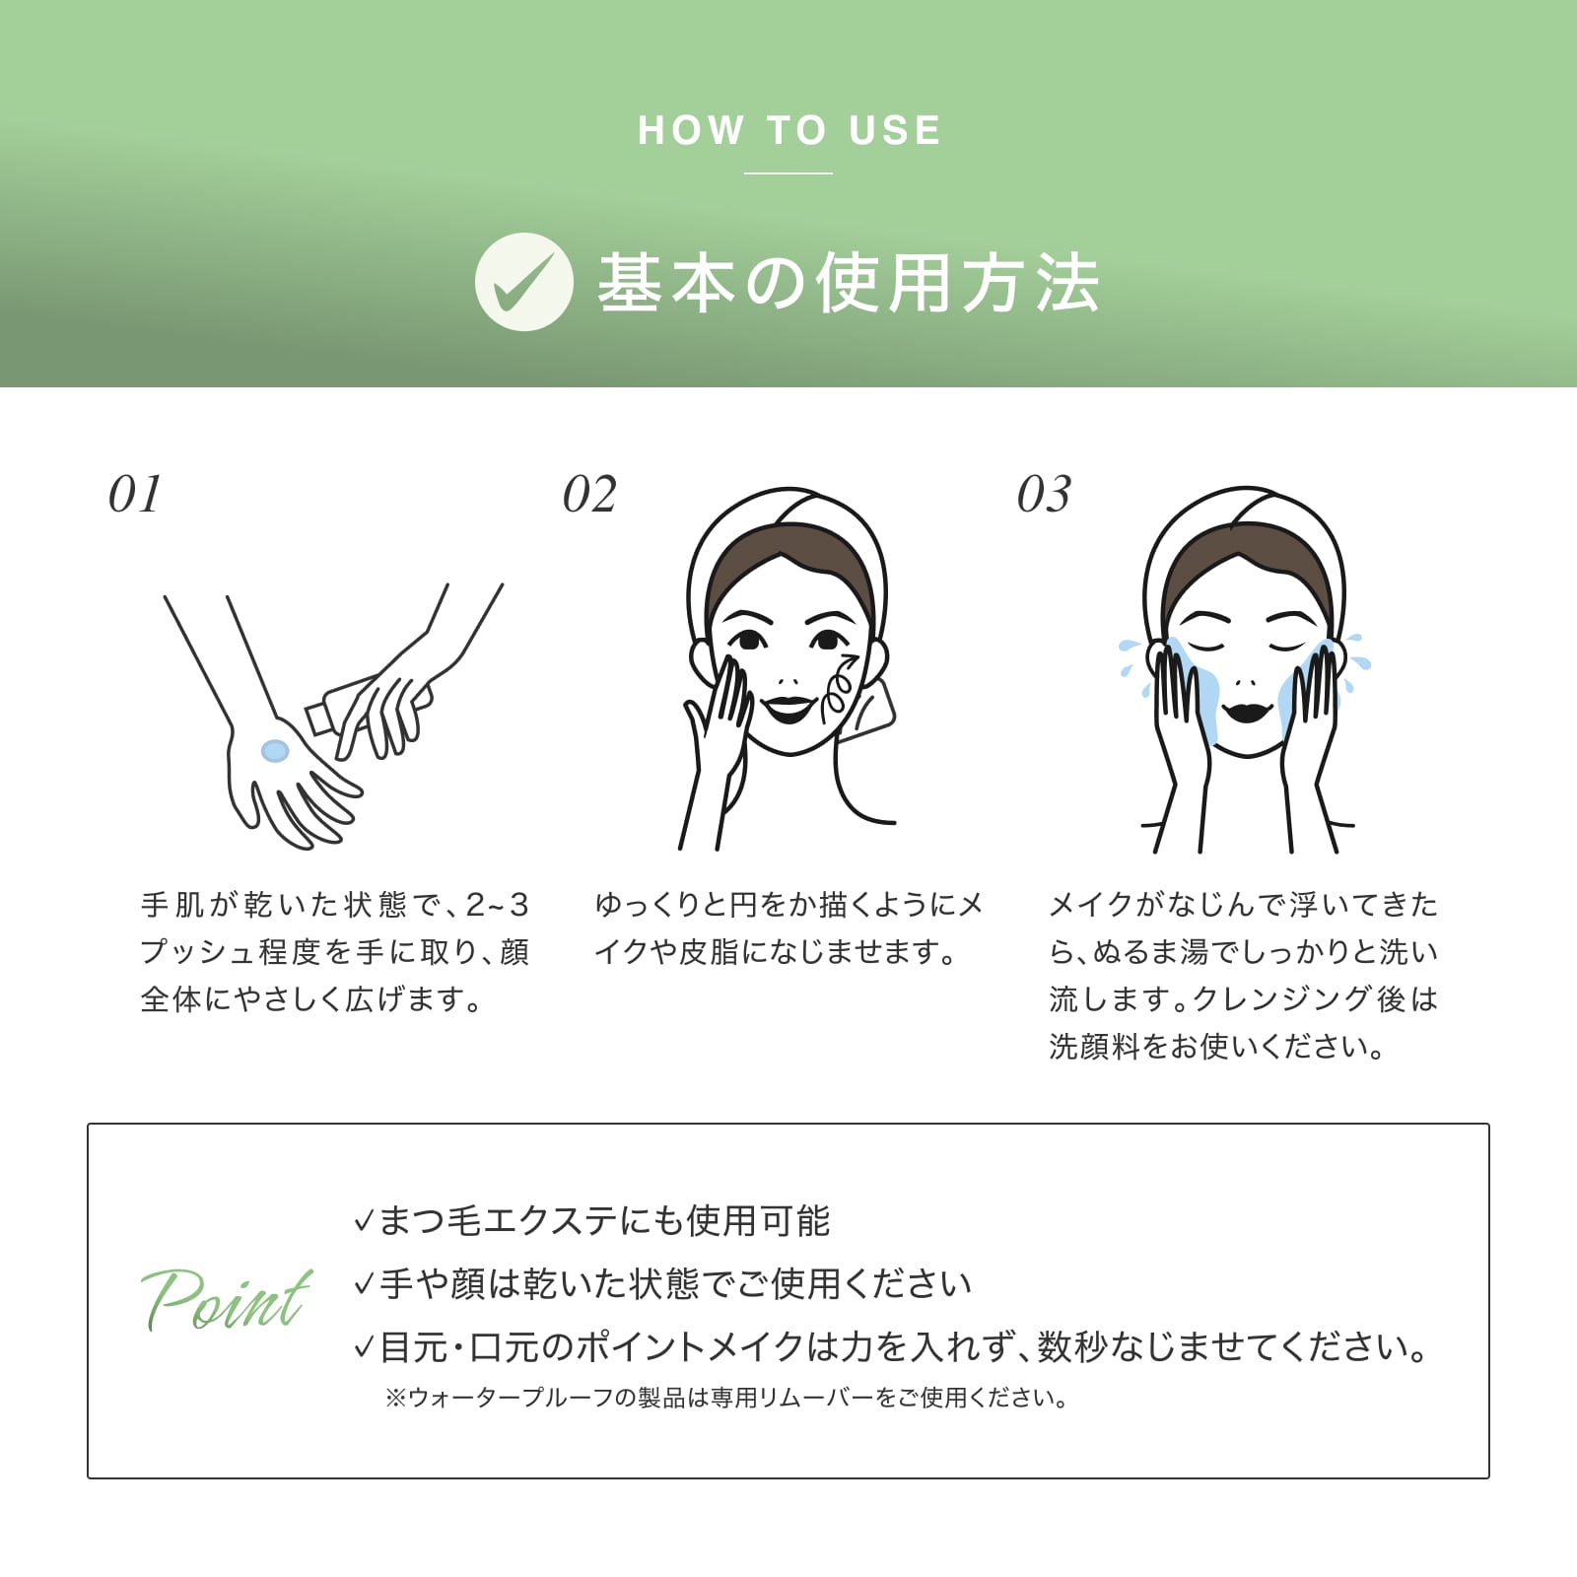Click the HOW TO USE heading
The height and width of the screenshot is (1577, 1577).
789,130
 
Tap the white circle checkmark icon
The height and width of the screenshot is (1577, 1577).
523,282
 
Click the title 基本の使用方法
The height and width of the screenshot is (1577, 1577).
849,283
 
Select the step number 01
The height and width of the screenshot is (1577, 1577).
135,494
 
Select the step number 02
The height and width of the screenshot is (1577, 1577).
589,494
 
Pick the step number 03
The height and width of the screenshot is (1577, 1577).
1044,494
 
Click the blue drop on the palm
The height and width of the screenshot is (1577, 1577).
275,751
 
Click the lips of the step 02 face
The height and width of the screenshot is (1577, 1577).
788,708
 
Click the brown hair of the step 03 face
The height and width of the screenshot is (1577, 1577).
1246,572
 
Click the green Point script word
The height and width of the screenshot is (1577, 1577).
227,1300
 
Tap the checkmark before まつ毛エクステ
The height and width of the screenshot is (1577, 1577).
363,1223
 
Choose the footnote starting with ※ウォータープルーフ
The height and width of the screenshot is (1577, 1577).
727,1398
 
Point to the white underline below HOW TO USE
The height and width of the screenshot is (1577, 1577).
788,173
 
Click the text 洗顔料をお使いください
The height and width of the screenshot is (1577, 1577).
1217,1047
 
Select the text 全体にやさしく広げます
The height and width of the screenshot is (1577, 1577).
311,999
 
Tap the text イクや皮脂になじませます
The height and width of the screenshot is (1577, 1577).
776,952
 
